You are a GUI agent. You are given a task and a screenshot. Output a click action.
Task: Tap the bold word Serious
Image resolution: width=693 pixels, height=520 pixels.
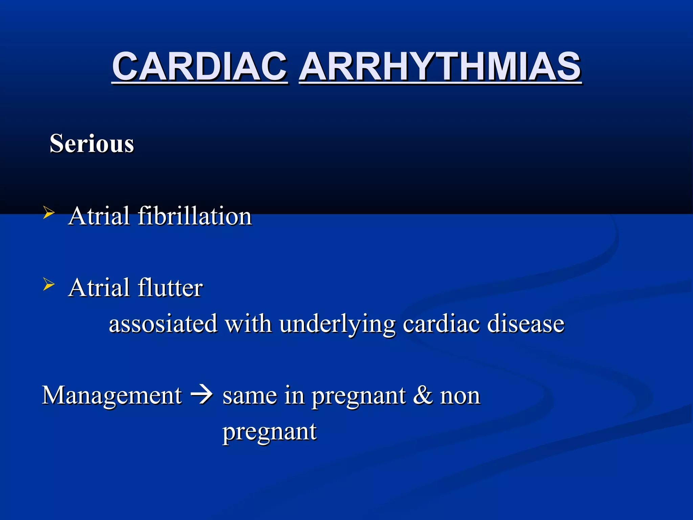92,144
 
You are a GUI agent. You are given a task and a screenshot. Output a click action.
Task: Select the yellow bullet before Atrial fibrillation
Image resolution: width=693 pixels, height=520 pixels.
49,213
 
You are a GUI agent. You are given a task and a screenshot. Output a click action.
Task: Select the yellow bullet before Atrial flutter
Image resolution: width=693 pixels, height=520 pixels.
49,285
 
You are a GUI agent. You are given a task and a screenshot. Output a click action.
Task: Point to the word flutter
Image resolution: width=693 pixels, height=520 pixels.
170,288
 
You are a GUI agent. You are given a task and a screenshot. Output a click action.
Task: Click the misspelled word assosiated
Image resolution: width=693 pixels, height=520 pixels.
163,324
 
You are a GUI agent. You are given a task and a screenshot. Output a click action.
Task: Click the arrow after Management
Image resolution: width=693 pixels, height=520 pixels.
202,394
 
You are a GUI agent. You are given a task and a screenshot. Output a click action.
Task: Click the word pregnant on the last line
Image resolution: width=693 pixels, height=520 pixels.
269,433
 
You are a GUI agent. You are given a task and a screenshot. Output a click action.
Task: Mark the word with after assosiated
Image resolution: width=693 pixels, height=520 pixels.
248,324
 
